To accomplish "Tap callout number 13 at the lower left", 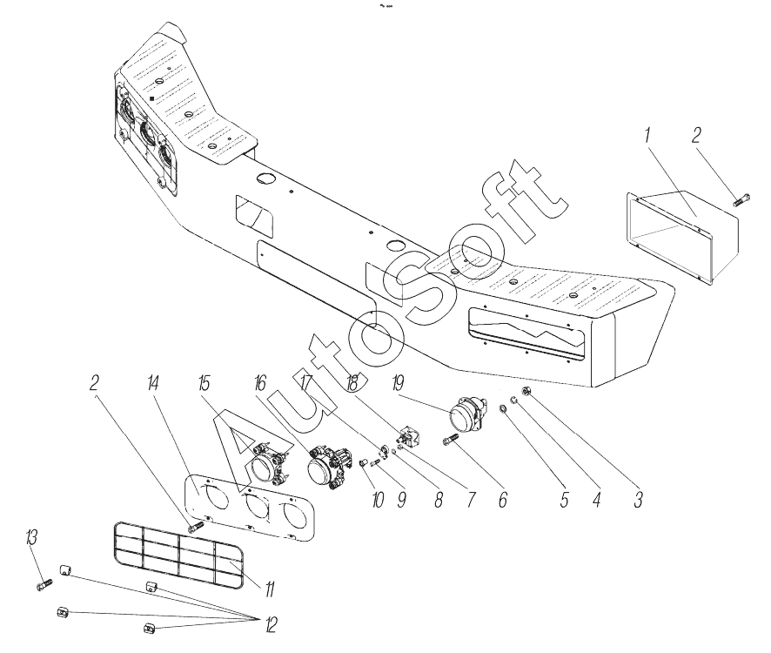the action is tap(31, 537).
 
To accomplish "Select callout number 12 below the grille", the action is tap(270, 625).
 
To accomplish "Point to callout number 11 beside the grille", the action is tap(270, 589).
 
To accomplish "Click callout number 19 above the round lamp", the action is tap(399, 383).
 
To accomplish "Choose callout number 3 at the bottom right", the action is tap(638, 500).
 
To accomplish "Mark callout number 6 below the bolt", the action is tap(502, 500).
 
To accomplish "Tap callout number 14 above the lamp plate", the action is tap(153, 383).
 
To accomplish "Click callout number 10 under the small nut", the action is tap(378, 500).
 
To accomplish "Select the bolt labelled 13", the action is tap(44, 584).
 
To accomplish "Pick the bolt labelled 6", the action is tap(451, 439).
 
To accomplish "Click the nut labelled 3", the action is tap(526, 392).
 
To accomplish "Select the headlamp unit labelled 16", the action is tap(328, 467).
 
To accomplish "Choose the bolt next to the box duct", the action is tap(741, 201).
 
